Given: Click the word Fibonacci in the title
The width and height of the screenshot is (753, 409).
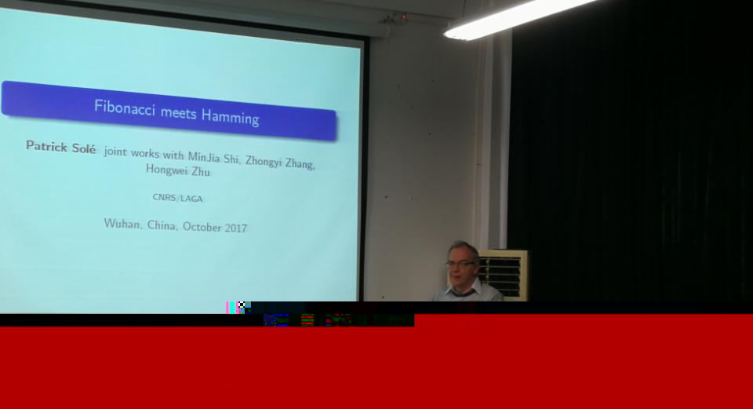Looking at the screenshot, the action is click(x=125, y=108).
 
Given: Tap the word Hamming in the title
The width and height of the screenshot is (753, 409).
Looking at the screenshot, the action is click(x=231, y=117).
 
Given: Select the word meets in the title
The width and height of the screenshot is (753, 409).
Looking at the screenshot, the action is click(x=178, y=112).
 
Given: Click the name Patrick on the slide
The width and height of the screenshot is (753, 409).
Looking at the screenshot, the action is click(x=46, y=146).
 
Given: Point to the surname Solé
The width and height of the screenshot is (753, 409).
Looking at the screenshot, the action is click(x=84, y=148).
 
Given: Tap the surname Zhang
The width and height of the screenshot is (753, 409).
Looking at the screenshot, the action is click(x=300, y=164).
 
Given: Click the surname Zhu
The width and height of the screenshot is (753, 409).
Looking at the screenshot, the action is click(x=201, y=172).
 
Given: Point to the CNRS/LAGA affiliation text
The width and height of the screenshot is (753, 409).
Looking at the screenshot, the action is click(x=178, y=198).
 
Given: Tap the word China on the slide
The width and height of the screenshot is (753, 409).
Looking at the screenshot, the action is click(x=162, y=225).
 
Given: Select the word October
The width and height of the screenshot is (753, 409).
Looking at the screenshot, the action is click(x=202, y=227).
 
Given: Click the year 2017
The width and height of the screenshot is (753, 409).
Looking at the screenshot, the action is click(x=236, y=228).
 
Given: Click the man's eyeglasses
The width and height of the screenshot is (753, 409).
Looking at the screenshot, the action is click(x=460, y=264).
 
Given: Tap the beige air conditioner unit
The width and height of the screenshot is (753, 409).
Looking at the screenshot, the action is click(x=504, y=275).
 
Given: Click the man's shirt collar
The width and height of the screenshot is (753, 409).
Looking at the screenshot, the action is click(x=463, y=289).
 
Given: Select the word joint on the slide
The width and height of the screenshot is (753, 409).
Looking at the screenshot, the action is click(x=115, y=152).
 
